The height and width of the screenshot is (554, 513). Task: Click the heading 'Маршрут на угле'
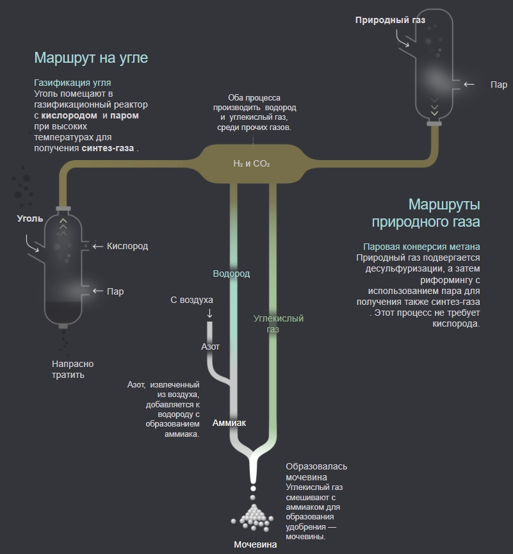91,58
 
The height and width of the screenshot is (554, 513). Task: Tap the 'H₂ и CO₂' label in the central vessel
252,164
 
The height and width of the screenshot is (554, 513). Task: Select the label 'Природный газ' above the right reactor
390,20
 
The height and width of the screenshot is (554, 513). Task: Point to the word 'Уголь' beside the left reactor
30,218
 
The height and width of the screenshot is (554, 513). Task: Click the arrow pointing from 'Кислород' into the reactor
98,247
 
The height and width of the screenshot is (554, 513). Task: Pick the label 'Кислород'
127,246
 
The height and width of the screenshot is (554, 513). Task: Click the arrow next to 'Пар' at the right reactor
469,84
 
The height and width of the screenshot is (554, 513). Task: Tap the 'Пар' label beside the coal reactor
115,291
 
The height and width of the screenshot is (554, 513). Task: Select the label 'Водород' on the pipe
231,273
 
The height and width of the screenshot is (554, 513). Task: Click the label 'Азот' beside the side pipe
210,346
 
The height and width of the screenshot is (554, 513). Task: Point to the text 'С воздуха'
191,300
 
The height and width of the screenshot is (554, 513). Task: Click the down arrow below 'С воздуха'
209,313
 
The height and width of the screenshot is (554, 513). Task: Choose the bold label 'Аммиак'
229,423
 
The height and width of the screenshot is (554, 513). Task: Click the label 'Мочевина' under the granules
255,545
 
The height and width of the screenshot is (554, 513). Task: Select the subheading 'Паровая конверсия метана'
421,247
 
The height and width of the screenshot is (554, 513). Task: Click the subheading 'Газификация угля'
72,83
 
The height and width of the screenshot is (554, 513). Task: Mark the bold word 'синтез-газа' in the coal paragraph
108,148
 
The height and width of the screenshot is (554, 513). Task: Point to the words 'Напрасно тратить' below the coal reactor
72,369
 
